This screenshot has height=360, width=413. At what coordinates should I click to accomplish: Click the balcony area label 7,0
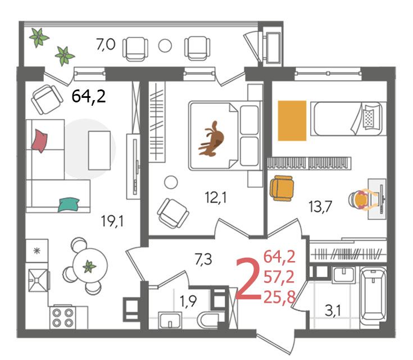[x=106, y=44]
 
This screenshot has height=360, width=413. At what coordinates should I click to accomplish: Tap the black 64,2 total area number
[x=89, y=96]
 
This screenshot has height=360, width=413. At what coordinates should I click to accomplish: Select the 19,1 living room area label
[x=112, y=221]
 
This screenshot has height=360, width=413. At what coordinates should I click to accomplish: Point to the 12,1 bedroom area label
[x=216, y=197]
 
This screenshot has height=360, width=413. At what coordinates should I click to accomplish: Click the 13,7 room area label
[x=320, y=206]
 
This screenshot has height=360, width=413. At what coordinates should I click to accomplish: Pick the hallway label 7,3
[x=203, y=259]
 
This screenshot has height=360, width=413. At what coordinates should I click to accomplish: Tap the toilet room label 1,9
[x=188, y=301]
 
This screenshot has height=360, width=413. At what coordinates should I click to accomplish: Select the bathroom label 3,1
[x=333, y=310]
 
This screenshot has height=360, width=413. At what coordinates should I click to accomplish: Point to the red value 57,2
[x=279, y=277]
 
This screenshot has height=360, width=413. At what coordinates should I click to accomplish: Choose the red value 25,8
[x=279, y=297]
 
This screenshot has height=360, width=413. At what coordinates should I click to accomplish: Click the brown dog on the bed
[x=211, y=139]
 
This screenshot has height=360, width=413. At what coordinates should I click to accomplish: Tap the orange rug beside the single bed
[x=292, y=120]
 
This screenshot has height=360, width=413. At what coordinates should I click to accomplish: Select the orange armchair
[x=282, y=188]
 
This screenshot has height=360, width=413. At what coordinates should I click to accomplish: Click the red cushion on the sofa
[x=39, y=141]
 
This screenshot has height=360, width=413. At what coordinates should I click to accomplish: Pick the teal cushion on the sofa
[x=69, y=205]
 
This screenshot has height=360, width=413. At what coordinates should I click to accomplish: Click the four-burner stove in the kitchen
[x=62, y=318]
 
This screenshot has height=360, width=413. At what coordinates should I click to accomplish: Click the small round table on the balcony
[x=165, y=46]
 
